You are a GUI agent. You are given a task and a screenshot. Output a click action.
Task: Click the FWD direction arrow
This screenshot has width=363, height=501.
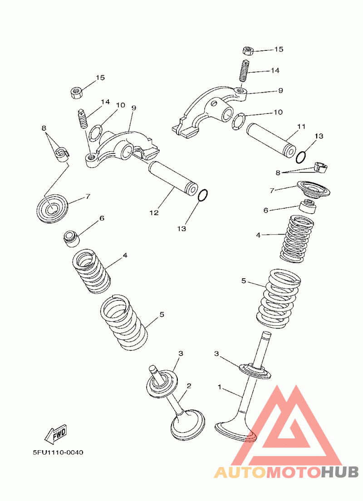(x=55, y=435)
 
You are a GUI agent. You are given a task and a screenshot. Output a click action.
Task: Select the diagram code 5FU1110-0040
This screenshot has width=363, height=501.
(x=58, y=452)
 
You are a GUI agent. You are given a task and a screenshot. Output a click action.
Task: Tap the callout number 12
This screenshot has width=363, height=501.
(x=154, y=213)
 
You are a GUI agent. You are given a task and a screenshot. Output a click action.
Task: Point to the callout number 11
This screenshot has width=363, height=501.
(x=301, y=127)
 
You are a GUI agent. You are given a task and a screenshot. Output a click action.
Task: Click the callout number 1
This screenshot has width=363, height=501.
(x=220, y=387)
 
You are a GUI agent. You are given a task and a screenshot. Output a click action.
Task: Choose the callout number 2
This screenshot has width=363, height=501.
(x=189, y=386)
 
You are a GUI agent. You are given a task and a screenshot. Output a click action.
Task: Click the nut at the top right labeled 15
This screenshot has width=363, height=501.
(x=248, y=50)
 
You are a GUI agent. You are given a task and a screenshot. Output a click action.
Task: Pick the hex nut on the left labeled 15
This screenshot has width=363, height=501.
(x=76, y=92)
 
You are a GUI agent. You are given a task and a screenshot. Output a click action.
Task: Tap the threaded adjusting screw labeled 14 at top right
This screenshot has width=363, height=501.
(x=245, y=71)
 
